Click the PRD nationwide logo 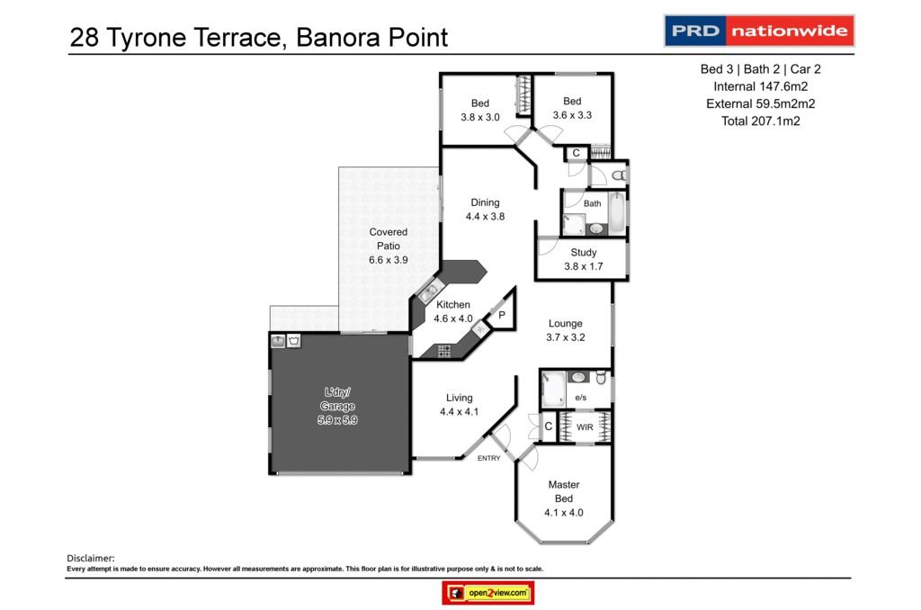(x=759, y=31)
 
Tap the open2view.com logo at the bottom (x=488, y=594)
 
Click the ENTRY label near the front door (x=489, y=458)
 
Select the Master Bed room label (x=564, y=491)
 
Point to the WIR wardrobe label (x=585, y=427)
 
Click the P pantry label (x=501, y=315)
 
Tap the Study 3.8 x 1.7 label (x=583, y=259)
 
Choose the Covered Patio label (x=388, y=246)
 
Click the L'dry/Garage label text (x=339, y=406)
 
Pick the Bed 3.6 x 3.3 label (x=572, y=108)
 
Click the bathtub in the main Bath (x=615, y=213)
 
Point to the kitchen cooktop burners (x=443, y=351)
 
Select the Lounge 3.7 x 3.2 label (x=566, y=330)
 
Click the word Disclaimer (x=91, y=559)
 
